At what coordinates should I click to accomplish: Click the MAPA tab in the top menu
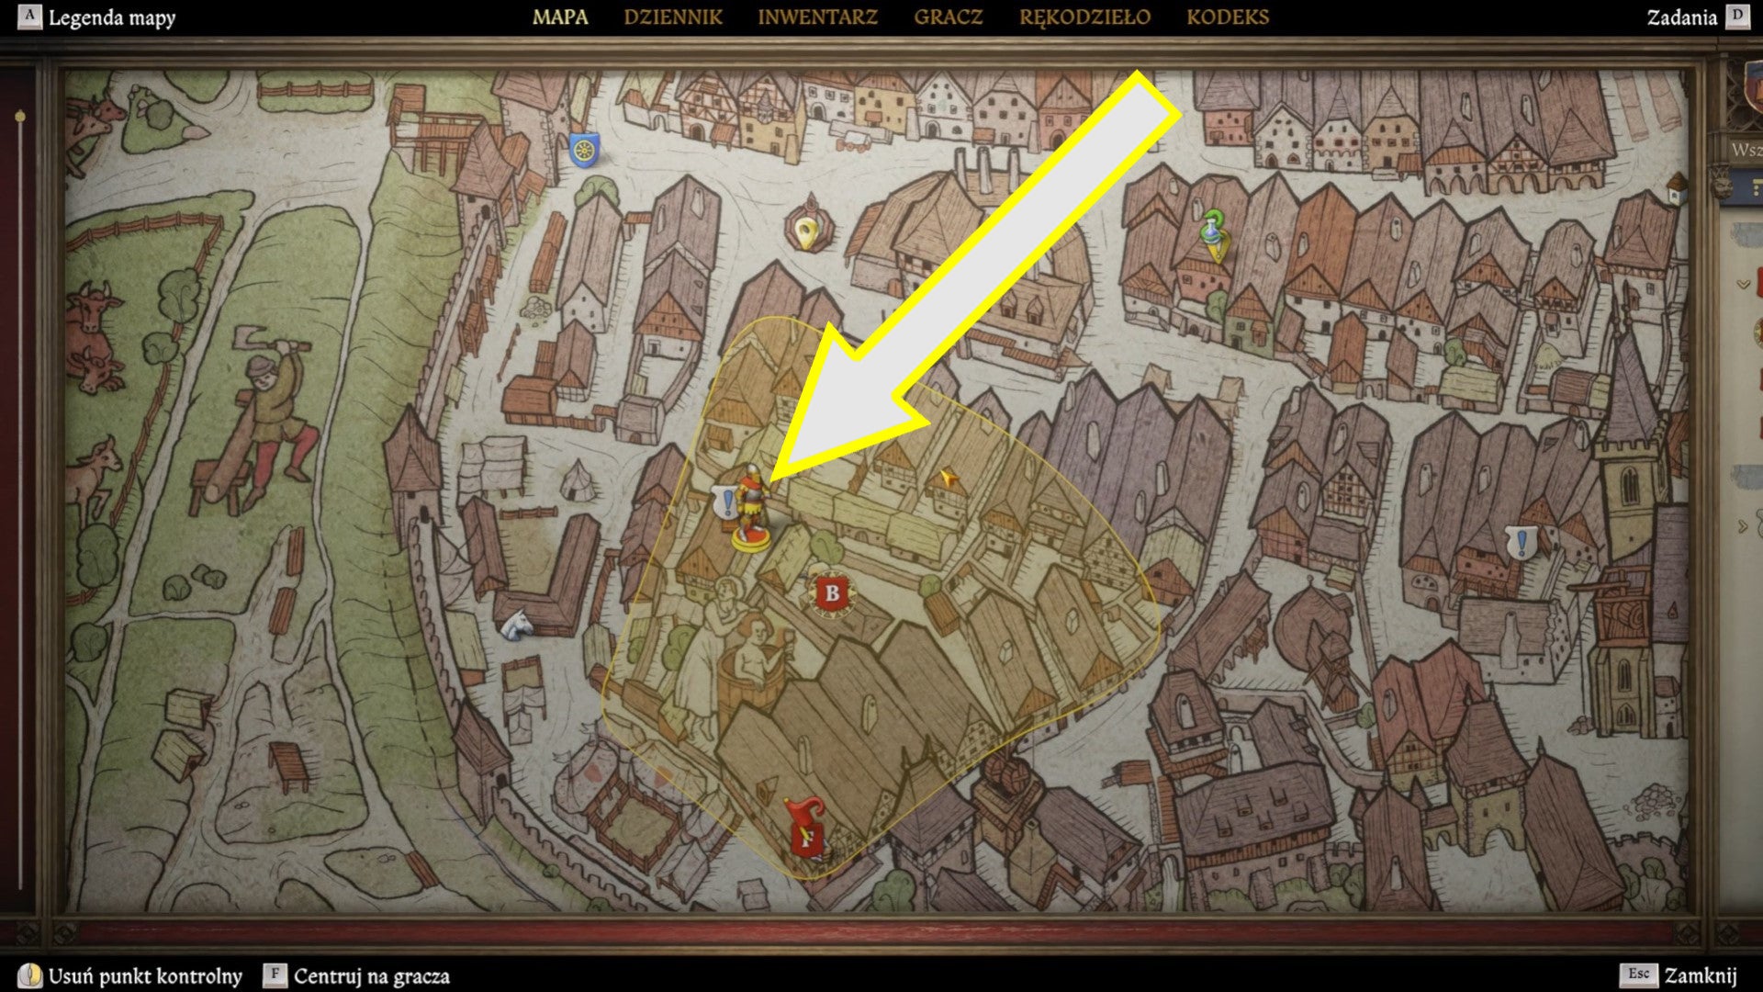[560, 17]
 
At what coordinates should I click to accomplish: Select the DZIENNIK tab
[673, 17]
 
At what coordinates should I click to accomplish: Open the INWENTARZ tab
[817, 17]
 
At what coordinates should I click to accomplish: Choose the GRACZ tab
[948, 17]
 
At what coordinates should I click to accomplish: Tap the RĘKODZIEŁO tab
[1084, 17]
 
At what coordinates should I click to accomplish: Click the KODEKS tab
[1228, 17]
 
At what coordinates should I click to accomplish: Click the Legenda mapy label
[111, 17]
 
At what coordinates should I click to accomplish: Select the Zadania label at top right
[1681, 17]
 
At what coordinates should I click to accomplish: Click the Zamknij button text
[1701, 975]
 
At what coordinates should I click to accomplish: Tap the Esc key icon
[1639, 975]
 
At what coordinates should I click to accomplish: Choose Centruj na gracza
[371, 975]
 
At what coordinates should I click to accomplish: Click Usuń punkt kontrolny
[145, 975]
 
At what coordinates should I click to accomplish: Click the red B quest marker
[832, 592]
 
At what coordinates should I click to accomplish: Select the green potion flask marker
[1215, 233]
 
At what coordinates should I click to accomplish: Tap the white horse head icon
[517, 625]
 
